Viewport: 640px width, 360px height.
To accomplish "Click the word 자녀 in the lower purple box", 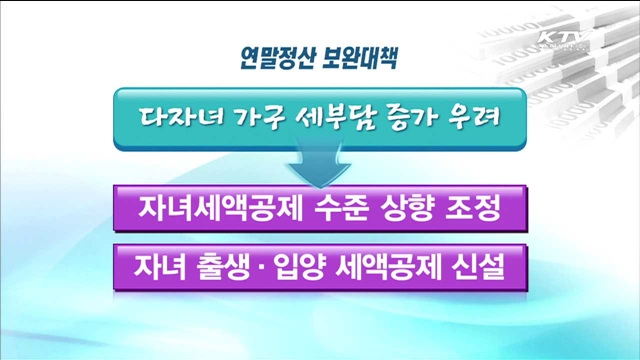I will [160, 268].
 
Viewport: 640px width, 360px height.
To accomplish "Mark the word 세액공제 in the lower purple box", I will [397, 268].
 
